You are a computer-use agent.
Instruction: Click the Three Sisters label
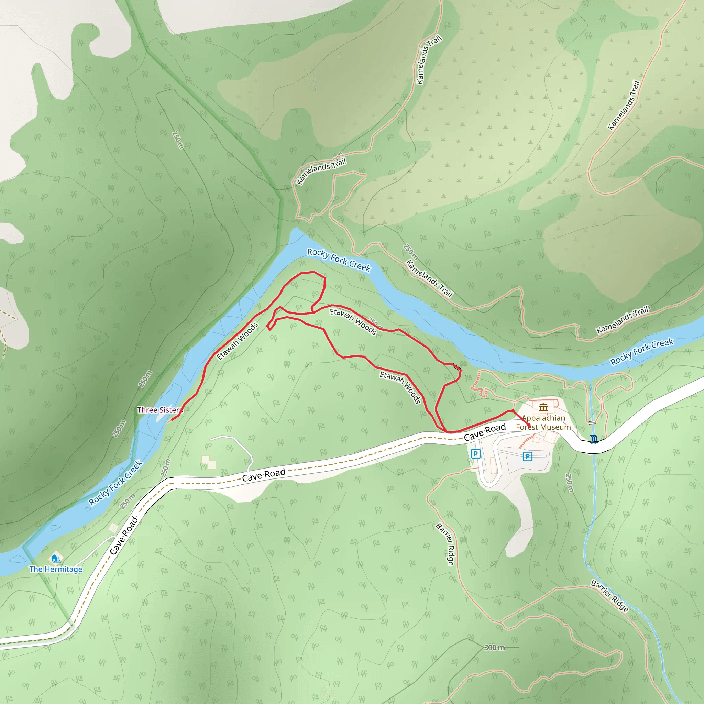pos(159,410)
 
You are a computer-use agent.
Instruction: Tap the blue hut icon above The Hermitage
pos(54,558)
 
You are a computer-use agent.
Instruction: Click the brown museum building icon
pos(543,407)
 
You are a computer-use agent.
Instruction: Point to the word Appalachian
pos(543,418)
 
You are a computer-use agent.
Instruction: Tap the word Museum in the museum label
pos(557,427)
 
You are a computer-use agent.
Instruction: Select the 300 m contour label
pos(494,648)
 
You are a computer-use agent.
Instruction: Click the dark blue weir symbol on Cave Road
pos(594,439)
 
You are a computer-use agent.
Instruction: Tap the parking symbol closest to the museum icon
pos(527,456)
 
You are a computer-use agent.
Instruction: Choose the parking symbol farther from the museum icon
pos(475,454)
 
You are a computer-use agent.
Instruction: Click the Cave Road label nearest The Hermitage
pos(124,536)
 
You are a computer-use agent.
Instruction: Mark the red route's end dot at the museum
pos(529,425)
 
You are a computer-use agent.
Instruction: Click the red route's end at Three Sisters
pos(171,420)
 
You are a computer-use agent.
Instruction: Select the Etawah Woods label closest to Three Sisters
pos(238,341)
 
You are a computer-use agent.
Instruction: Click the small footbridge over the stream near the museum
pos(592,422)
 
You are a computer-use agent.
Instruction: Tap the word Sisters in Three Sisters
pos(171,410)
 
